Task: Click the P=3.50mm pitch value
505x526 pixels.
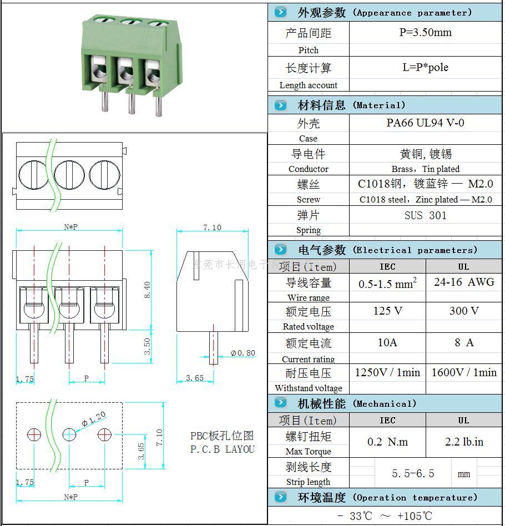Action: click(425, 32)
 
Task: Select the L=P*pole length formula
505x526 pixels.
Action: click(425, 68)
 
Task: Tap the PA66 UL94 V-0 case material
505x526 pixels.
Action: click(425, 123)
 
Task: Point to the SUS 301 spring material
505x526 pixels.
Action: click(425, 215)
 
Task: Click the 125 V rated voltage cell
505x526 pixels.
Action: click(387, 311)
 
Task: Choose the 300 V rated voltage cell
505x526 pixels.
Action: click(463, 311)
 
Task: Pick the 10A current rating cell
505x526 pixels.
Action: click(387, 342)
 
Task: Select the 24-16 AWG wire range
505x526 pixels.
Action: click(463, 282)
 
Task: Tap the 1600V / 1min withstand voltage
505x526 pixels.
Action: click(463, 372)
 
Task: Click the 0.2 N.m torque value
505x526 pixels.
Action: click(387, 442)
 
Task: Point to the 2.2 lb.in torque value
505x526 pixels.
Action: click(463, 442)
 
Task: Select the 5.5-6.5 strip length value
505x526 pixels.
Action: click(413, 473)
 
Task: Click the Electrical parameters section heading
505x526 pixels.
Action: click(386, 250)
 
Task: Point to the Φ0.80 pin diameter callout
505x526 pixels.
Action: click(243, 353)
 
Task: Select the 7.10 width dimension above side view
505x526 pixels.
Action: click(212, 227)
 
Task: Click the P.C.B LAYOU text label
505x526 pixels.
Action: click(222, 449)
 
